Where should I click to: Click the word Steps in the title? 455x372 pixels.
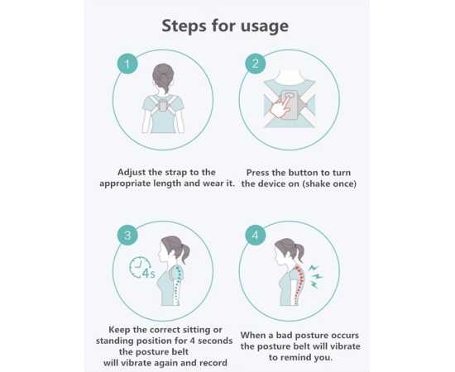coord(187,26)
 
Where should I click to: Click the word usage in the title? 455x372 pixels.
coord(261,26)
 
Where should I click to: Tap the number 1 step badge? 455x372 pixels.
coord(127,64)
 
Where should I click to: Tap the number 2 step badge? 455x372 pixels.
coord(256,64)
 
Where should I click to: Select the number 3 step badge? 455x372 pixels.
coord(127,236)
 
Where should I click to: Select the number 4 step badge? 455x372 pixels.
coord(256,236)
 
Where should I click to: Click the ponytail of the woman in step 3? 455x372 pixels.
coord(192,250)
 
